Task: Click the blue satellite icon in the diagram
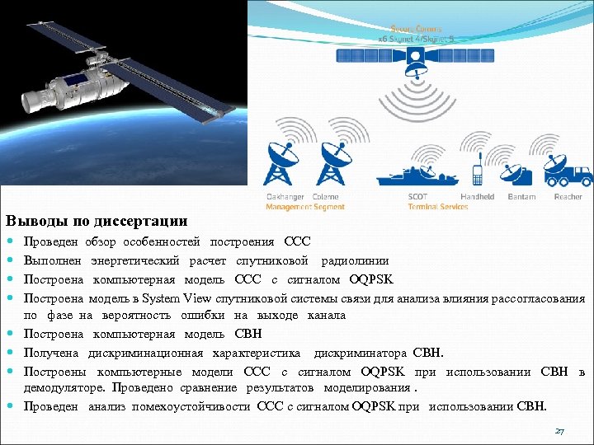[420, 56]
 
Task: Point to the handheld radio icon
[477, 174]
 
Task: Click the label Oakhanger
[285, 197]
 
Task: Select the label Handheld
[477, 197]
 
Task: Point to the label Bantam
[521, 197]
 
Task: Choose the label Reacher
[568, 197]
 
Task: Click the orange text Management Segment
[304, 207]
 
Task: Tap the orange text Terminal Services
[437, 207]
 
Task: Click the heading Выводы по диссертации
[97, 222]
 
